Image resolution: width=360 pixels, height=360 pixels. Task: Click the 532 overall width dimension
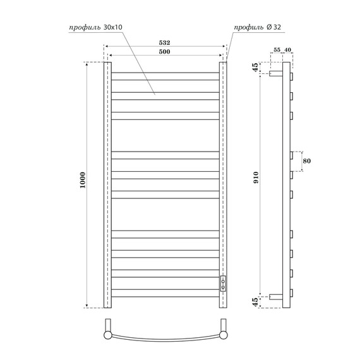pyautogui.click(x=164, y=42)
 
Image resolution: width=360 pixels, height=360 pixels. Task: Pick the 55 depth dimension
pyautogui.click(x=277, y=50)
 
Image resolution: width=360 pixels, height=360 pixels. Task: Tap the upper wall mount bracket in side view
pyautogui.click(x=275, y=74)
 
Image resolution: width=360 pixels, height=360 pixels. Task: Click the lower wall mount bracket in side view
pyautogui.click(x=275, y=296)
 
